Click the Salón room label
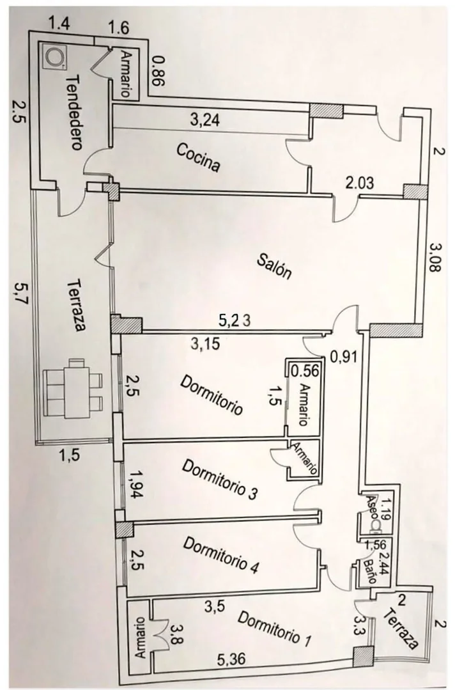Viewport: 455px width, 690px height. pyautogui.click(x=274, y=267)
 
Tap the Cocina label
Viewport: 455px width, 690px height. pyautogui.click(x=198, y=157)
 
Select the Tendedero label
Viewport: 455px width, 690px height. pyautogui.click(x=73, y=113)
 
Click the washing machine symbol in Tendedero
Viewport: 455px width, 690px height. pyautogui.click(x=54, y=56)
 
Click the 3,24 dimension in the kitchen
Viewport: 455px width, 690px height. pyautogui.click(x=205, y=120)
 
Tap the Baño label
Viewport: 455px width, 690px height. pyautogui.click(x=372, y=571)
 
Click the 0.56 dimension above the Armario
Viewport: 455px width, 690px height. pyautogui.click(x=305, y=370)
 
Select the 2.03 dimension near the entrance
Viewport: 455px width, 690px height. pyautogui.click(x=360, y=182)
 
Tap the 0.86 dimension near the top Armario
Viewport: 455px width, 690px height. pyautogui.click(x=158, y=71)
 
